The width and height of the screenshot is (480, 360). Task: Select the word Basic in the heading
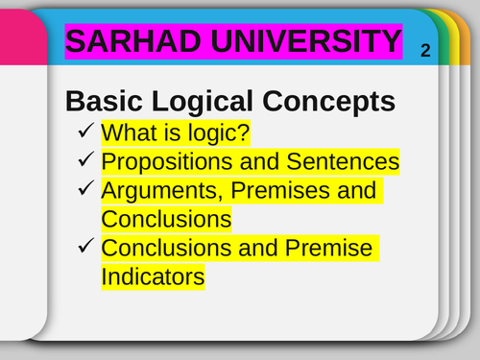(105, 101)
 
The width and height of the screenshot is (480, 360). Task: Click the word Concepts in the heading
(335, 101)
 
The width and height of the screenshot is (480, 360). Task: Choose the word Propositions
(162, 161)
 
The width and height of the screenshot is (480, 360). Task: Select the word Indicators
(153, 277)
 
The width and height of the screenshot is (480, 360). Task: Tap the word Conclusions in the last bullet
(166, 248)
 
